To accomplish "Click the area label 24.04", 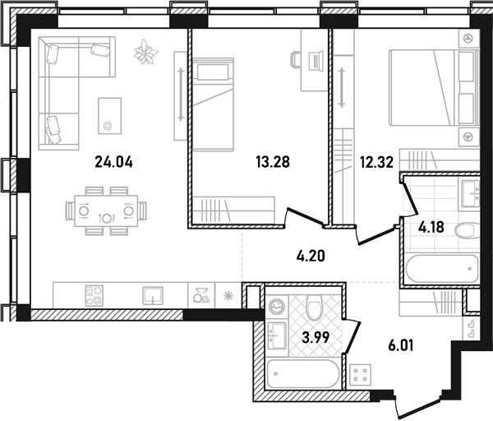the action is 114,162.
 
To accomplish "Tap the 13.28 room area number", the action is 273,162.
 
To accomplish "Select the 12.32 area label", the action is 376,162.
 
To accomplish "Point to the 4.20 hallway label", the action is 311,256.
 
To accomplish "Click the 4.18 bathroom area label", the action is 431,227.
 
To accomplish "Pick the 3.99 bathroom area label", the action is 316,338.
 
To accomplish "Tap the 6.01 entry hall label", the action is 401,346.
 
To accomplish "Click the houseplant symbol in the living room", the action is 145,52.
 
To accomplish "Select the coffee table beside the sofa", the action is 110,116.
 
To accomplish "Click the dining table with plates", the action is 106,211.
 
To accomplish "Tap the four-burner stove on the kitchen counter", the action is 94,296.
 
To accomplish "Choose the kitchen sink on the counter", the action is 153,296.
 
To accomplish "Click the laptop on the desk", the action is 316,60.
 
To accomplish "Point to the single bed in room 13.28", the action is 214,104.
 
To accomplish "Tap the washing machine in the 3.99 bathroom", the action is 277,306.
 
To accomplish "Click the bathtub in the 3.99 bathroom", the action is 302,374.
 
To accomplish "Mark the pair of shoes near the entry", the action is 472,328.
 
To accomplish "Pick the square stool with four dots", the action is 361,374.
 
